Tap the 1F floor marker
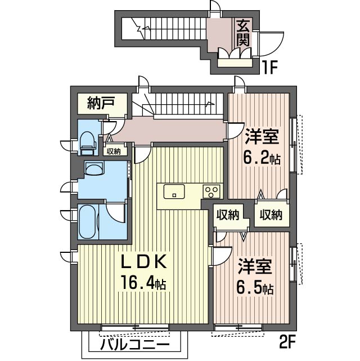[271, 68]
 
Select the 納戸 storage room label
[101, 103]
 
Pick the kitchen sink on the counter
[174, 191]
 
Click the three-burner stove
[212, 191]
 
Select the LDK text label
[144, 262]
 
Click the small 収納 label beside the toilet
[114, 150]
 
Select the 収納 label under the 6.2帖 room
[271, 215]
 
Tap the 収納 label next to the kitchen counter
[228, 215]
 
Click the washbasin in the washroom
[93, 170]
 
